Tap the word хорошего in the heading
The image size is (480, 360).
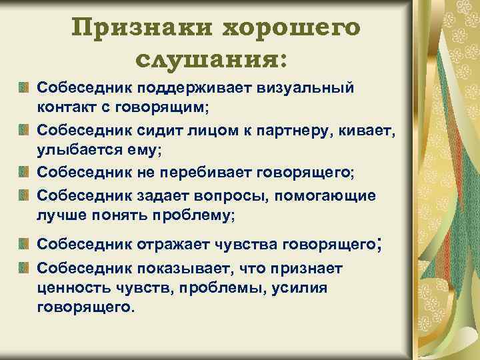coord(291,29)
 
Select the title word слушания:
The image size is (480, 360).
coord(212,61)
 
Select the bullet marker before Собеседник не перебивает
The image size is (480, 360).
coord(23,173)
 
